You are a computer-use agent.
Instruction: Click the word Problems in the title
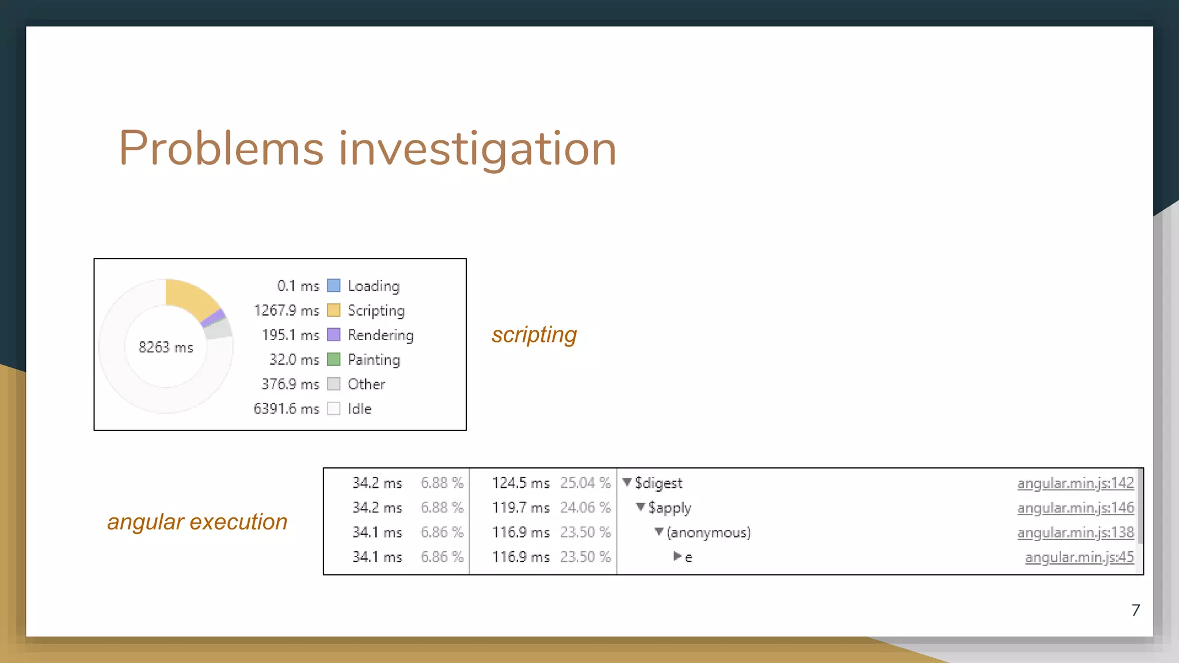[221, 148]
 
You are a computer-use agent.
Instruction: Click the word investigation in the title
[477, 148]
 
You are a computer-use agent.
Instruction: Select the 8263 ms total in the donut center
[166, 347]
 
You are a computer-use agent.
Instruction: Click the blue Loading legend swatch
[333, 285]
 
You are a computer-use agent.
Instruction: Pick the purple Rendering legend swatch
[333, 334]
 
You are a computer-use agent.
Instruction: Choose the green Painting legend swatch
[333, 359]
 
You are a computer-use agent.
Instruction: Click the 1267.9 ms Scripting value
[286, 311]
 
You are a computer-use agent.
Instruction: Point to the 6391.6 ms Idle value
[286, 409]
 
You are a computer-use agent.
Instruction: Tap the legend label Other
[366, 384]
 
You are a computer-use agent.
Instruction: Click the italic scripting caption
[534, 334]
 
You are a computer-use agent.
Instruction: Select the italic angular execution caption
[197, 521]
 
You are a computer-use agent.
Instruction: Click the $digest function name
[658, 483]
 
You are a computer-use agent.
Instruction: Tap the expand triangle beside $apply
[640, 507]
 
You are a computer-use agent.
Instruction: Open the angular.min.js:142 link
[1075, 483]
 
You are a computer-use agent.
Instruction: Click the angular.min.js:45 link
[1079, 557]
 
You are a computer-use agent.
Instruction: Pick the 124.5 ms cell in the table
[520, 483]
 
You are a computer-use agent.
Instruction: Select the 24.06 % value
[585, 508]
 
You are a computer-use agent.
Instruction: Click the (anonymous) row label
[708, 532]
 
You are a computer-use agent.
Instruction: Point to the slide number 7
[1135, 610]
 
